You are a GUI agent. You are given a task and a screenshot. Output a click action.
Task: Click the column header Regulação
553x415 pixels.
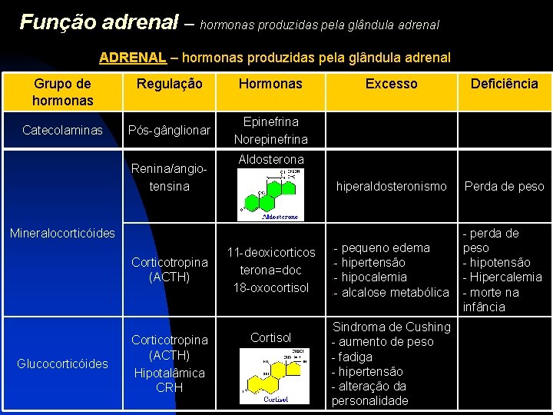(x=170, y=84)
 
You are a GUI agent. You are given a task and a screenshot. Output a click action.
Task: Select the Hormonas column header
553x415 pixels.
(x=270, y=84)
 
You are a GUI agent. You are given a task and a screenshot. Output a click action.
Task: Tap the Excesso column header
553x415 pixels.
(x=391, y=84)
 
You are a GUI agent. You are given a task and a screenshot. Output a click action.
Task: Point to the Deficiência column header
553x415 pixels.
(x=504, y=84)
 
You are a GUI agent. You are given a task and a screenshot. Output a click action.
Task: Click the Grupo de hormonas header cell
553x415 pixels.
(x=63, y=92)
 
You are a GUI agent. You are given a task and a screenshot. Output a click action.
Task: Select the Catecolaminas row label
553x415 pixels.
(x=63, y=131)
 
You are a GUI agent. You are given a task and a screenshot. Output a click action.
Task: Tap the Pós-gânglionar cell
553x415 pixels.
(x=170, y=131)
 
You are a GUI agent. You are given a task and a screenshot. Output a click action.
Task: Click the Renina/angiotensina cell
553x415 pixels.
(x=170, y=178)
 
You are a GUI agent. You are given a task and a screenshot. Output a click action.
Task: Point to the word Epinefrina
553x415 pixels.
(x=270, y=121)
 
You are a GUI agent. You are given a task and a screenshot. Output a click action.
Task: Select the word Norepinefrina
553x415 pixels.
(x=270, y=139)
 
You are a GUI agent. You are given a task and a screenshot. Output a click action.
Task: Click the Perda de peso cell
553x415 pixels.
(x=504, y=186)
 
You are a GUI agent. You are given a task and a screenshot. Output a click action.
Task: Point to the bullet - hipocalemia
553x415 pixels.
(x=369, y=277)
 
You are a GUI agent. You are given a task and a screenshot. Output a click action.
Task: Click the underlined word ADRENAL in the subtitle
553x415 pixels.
(x=132, y=58)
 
